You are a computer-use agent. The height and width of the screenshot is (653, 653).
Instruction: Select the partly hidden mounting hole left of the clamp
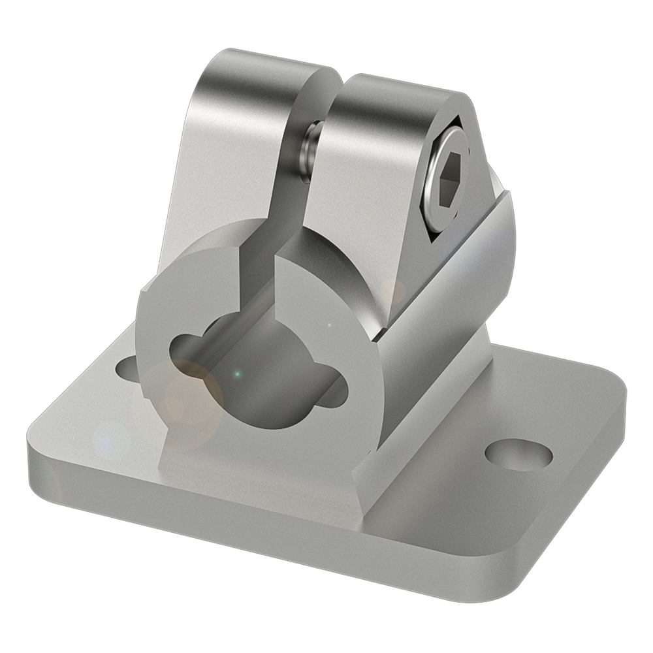pyautogui.click(x=127, y=368)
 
